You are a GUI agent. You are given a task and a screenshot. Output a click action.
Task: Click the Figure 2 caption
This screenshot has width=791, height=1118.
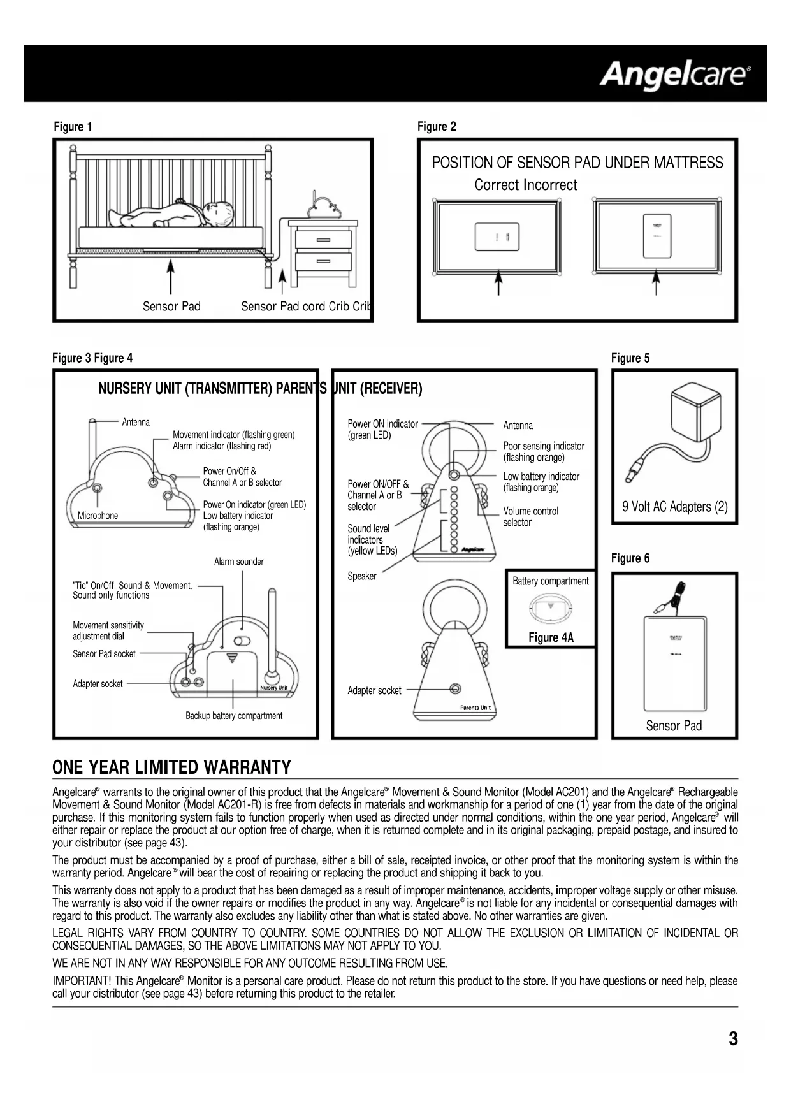pos(437,126)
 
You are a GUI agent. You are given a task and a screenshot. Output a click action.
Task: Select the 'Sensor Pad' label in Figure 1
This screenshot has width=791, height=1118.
pos(171,306)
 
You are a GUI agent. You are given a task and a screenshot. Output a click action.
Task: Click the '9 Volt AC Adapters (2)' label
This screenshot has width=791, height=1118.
pos(674,507)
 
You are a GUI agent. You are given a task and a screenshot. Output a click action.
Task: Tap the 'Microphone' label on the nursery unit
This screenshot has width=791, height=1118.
pos(98,516)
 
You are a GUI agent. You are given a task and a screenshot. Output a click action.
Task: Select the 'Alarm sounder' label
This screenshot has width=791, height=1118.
pos(239,562)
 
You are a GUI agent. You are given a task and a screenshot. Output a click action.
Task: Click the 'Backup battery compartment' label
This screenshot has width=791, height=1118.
pos(234,716)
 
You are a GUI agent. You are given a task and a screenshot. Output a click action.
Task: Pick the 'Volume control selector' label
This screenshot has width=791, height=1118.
pos(530,516)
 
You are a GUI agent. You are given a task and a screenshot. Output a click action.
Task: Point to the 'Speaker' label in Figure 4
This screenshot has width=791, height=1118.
pos(362,576)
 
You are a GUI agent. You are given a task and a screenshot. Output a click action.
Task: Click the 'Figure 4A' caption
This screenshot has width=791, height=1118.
pos(551,637)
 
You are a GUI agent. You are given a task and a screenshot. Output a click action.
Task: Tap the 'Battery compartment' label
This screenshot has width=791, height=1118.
pos(551,581)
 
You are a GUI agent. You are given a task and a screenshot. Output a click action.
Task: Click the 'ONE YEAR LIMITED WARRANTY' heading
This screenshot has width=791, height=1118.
pos(171,767)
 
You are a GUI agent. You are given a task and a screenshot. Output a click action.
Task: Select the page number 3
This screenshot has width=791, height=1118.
pos(733,1038)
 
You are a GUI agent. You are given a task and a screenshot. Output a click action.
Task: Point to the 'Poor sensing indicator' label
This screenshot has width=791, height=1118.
pos(543,451)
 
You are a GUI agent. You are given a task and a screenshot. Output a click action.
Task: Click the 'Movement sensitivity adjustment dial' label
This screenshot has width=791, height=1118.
pos(108,630)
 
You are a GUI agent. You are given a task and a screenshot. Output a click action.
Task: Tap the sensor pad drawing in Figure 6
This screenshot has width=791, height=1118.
pos(675,663)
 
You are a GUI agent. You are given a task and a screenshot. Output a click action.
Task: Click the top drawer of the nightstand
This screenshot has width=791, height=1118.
pos(323,240)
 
